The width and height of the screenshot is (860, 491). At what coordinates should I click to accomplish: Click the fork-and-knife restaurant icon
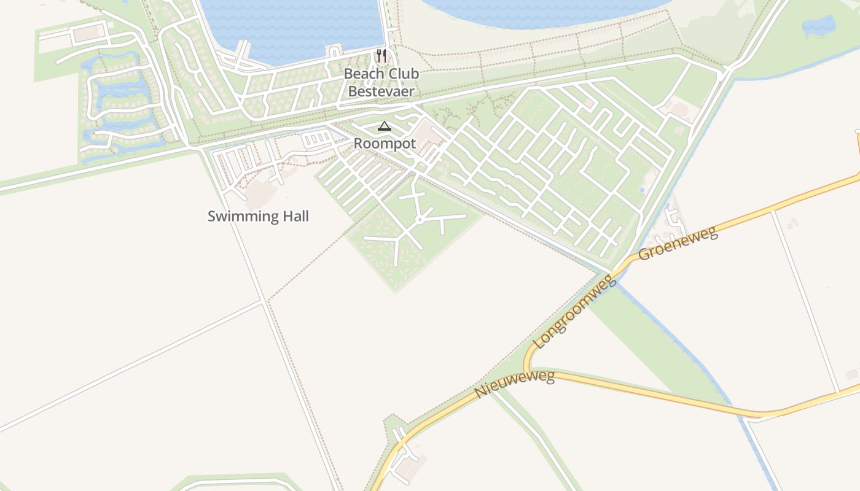pos(381,56)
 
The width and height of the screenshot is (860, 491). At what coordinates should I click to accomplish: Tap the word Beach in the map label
pos(361,74)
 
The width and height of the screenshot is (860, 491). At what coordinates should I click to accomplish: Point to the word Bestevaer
pos(381,91)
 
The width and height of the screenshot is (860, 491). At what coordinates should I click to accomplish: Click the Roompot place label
pos(385,144)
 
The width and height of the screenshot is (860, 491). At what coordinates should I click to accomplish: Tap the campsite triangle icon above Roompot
pos(385,126)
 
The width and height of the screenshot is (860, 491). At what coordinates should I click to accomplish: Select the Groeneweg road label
pos(678,244)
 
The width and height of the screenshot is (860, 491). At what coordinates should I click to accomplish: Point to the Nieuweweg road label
pos(515,384)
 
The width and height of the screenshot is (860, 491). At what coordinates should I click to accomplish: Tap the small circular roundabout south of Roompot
pos(419,219)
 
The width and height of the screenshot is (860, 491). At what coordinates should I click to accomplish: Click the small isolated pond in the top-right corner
pos(819,26)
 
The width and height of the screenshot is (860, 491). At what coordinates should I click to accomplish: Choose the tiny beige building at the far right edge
pos(852,374)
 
